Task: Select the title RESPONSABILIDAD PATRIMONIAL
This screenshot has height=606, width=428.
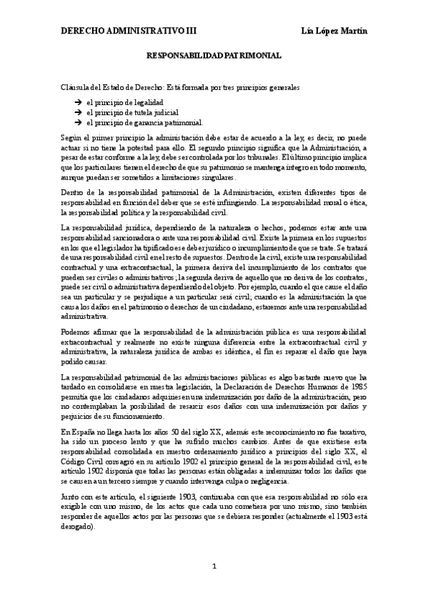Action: (214, 54)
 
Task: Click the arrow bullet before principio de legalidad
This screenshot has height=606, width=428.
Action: (76, 102)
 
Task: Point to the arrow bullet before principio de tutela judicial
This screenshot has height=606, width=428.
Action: (76, 112)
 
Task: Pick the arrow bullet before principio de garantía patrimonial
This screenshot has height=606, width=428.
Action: (76, 122)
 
